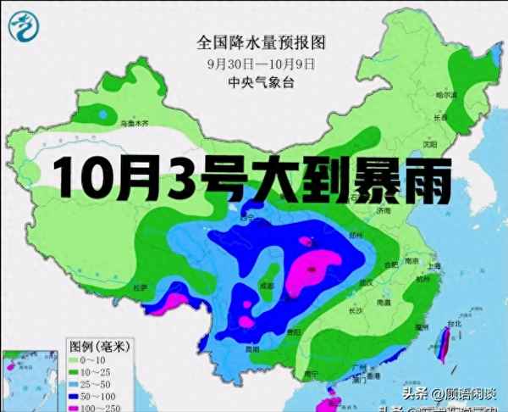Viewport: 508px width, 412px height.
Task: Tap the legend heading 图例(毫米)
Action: (101, 346)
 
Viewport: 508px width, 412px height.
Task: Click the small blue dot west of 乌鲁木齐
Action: (103, 113)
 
